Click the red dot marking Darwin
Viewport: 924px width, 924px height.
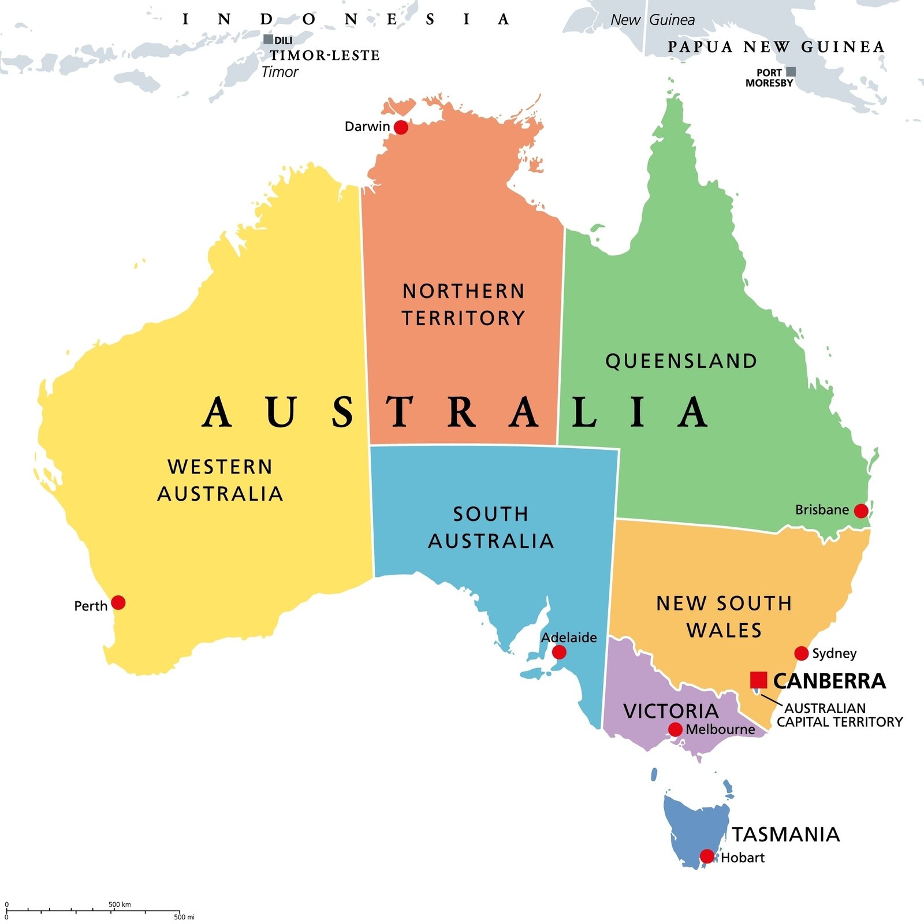click(401, 127)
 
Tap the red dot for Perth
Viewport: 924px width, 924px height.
click(118, 603)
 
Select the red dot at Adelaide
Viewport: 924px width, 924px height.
click(559, 653)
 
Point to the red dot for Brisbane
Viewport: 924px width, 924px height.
click(861, 511)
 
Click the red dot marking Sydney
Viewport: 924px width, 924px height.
click(802, 653)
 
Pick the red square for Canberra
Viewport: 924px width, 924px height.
click(758, 680)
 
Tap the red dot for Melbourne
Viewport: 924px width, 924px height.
click(675, 729)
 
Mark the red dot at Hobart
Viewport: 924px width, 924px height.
click(707, 856)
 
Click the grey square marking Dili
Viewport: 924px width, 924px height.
click(268, 39)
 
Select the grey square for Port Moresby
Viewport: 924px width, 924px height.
click(791, 72)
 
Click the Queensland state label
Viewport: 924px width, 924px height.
click(681, 361)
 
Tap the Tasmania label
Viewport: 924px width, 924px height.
click(786, 834)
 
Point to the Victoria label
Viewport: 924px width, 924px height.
click(671, 711)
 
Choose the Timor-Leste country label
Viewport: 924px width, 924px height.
click(325, 55)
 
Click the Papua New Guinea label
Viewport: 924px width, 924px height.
click(776, 47)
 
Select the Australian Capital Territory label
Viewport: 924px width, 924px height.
click(839, 715)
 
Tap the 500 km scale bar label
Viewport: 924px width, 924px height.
click(120, 904)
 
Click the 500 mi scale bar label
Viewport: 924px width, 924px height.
click(184, 917)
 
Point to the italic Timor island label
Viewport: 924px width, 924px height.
click(280, 72)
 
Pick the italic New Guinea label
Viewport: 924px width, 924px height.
click(653, 20)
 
